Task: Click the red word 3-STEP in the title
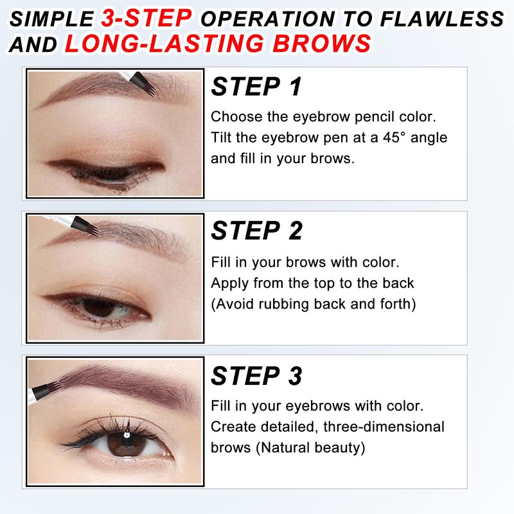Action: pos(146,18)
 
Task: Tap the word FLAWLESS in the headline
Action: pos(442,19)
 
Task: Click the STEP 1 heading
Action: pos(256,87)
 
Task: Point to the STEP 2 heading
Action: pos(256,231)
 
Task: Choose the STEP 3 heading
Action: pos(256,376)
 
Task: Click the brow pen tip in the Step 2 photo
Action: pos(93,229)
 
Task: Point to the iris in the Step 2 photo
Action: pos(98,307)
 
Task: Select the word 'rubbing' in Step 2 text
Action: pos(284,304)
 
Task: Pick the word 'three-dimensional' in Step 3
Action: pos(384,427)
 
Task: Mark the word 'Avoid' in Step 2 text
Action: pos(235,304)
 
